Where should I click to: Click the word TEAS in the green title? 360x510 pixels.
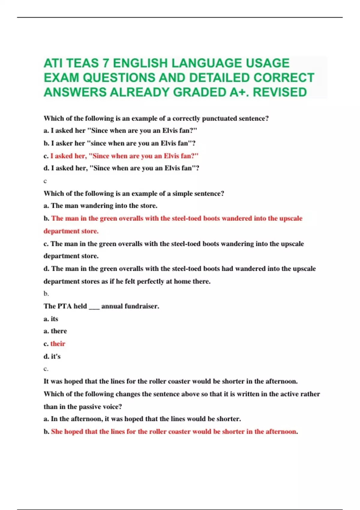click(82, 63)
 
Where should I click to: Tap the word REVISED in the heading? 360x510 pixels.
click(280, 92)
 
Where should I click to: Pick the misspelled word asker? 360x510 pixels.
click(64, 143)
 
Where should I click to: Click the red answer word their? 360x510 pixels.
click(58, 344)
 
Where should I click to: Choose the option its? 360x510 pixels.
click(54, 319)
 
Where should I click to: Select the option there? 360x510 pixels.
click(59, 331)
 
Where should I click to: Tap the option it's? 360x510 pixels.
click(56, 356)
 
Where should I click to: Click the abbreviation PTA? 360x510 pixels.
click(64, 306)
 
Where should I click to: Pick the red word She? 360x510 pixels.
click(57, 432)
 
